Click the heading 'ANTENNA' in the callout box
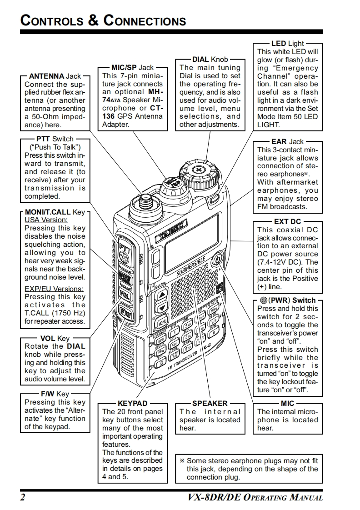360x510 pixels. [x=46, y=76]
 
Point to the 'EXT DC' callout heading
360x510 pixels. [x=287, y=221]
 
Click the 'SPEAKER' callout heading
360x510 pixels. [x=210, y=403]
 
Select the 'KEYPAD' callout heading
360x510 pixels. [x=132, y=403]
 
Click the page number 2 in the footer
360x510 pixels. [x=22, y=497]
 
